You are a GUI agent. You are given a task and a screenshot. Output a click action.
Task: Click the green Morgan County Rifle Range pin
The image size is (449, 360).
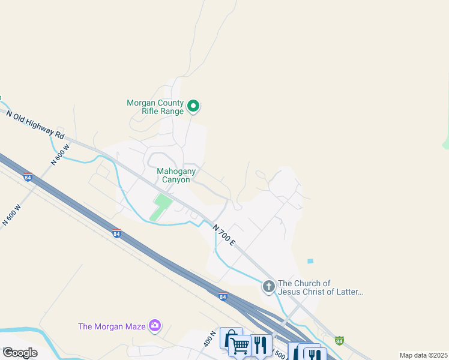[x=193, y=107]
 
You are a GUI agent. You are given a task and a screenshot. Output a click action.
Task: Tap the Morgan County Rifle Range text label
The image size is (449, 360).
[x=155, y=107]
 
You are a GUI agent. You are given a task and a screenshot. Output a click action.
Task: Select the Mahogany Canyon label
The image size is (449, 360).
[x=173, y=175]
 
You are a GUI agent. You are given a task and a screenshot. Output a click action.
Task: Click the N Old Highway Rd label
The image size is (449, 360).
[x=35, y=124]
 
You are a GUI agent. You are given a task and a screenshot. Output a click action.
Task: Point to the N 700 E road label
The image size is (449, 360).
[x=223, y=235]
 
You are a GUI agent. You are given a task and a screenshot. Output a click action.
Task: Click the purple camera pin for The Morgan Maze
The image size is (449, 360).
[x=155, y=326]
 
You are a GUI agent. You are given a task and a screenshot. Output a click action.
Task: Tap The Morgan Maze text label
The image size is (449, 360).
[x=112, y=326]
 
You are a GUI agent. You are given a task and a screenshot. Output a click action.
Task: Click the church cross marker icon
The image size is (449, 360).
[x=268, y=287]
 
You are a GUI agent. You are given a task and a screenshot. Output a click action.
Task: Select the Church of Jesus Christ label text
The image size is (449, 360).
[x=321, y=287]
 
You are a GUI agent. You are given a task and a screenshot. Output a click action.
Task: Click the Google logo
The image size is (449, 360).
[x=20, y=353]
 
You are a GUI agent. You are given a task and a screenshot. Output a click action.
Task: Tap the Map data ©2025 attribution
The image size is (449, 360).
[x=423, y=355]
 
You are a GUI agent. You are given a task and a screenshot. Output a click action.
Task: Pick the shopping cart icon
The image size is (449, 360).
[x=240, y=346]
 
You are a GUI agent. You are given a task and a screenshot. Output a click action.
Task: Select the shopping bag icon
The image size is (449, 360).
[x=231, y=338]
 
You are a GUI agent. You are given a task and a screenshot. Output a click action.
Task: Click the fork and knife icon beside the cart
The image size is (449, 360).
[x=260, y=344]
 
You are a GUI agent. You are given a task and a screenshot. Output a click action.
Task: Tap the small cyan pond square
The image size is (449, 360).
[x=310, y=262]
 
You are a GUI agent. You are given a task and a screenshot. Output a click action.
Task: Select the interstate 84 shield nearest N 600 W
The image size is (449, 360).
[x=28, y=177]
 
